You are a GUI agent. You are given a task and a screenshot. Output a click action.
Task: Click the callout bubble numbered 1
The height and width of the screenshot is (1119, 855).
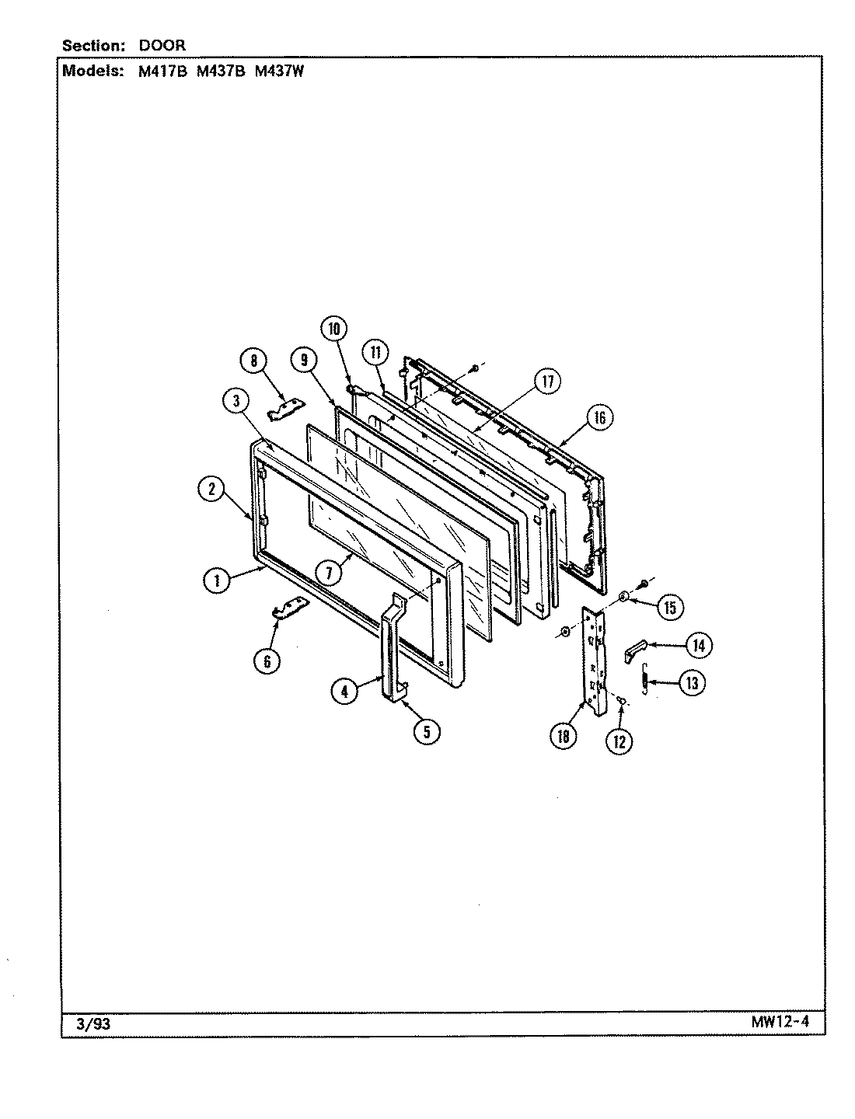[x=218, y=580]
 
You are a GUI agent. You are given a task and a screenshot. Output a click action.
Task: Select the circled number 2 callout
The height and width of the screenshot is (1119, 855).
[x=211, y=489]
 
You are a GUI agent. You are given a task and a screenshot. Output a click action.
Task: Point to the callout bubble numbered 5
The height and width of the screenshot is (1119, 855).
[x=427, y=731]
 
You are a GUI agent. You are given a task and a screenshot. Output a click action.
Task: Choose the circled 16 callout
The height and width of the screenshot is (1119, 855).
[x=599, y=418]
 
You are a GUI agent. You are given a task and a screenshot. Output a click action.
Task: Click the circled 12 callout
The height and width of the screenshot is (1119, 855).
[x=619, y=741]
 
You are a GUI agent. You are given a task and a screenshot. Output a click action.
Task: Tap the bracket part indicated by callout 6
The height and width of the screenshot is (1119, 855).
[x=288, y=611]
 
